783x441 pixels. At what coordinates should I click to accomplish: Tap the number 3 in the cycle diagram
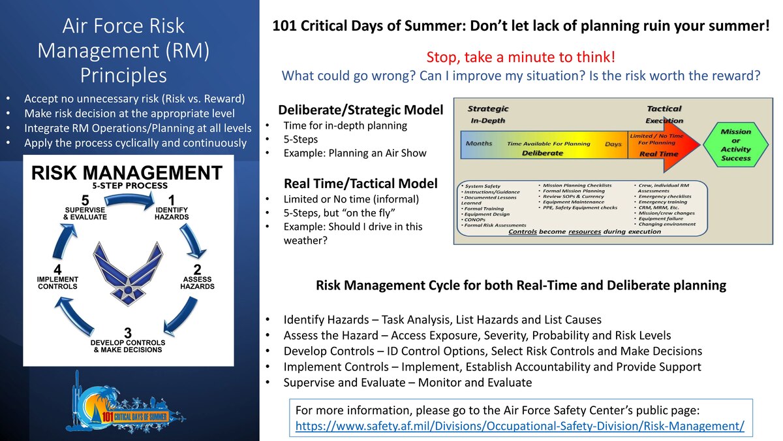pyautogui.click(x=129, y=333)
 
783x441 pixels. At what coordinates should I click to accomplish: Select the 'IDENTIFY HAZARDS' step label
pyautogui.click(x=172, y=212)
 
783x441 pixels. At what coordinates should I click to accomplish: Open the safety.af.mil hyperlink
pyautogui.click(x=520, y=425)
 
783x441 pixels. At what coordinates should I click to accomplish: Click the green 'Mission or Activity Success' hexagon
pyautogui.click(x=735, y=144)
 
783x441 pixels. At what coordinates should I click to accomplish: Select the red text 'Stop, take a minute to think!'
pyautogui.click(x=520, y=57)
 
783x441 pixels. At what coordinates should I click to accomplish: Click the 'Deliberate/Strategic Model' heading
pyautogui.click(x=360, y=110)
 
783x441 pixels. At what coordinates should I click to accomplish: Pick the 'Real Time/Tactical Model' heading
pyautogui.click(x=361, y=183)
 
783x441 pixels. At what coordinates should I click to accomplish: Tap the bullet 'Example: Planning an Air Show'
pyautogui.click(x=354, y=153)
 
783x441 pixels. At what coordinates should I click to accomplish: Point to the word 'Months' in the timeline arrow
pyautogui.click(x=478, y=143)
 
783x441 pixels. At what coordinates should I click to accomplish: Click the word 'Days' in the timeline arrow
pyautogui.click(x=613, y=144)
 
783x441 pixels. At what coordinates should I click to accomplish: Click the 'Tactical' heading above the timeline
pyautogui.click(x=664, y=108)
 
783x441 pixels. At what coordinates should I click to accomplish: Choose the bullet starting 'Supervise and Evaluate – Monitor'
pyautogui.click(x=407, y=382)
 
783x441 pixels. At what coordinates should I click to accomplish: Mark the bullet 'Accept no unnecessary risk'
pyautogui.click(x=134, y=99)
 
